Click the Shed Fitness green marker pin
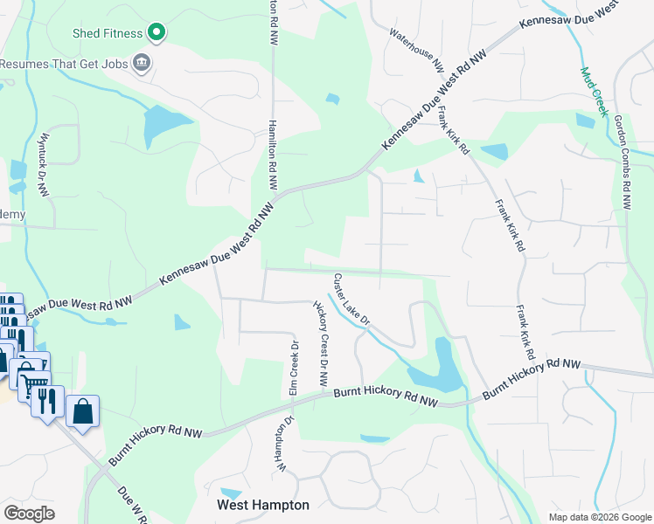click(x=157, y=33)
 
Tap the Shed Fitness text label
click(x=108, y=33)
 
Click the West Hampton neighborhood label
click(x=263, y=505)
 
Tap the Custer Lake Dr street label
click(x=352, y=300)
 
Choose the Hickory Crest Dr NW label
click(x=321, y=344)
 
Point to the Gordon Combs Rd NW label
click(x=623, y=162)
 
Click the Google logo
click(x=29, y=513)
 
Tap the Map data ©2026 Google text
click(x=600, y=516)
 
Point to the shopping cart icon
click(x=34, y=381)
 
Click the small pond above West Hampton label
click(x=232, y=493)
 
